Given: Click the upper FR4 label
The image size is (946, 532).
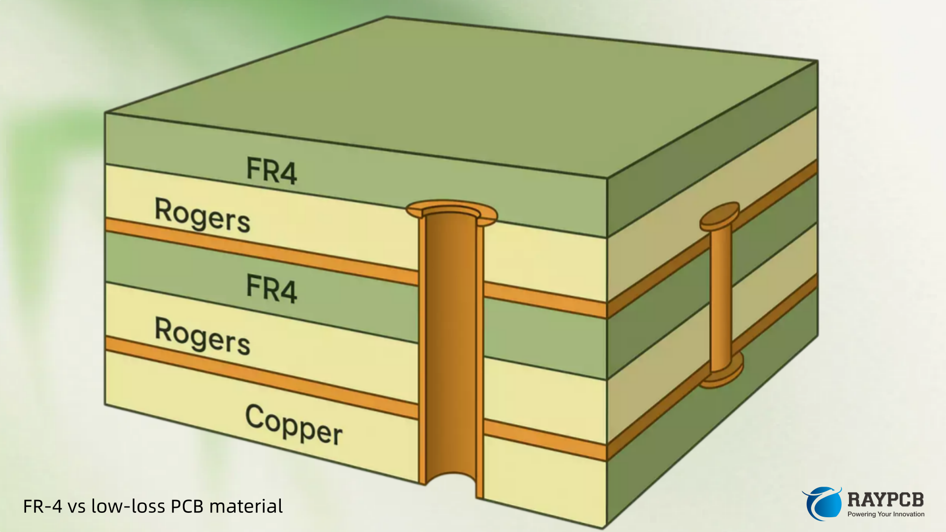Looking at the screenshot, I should tap(271, 170).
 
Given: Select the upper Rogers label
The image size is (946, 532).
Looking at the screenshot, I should tap(203, 215).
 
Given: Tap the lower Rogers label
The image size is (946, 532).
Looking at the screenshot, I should tap(203, 336).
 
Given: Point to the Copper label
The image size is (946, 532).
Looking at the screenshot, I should tap(294, 425).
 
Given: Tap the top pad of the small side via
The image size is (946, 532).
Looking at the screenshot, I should tap(720, 216).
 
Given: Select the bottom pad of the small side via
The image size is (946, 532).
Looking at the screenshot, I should tap(722, 374).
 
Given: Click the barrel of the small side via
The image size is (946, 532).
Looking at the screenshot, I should tap(721, 296).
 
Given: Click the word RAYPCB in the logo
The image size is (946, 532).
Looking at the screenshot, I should tap(885, 499).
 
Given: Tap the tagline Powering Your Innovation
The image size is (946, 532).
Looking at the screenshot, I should tap(885, 514).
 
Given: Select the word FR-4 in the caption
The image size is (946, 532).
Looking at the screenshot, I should tap(42, 506).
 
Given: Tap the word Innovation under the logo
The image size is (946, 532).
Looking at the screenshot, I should tap(909, 514).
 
